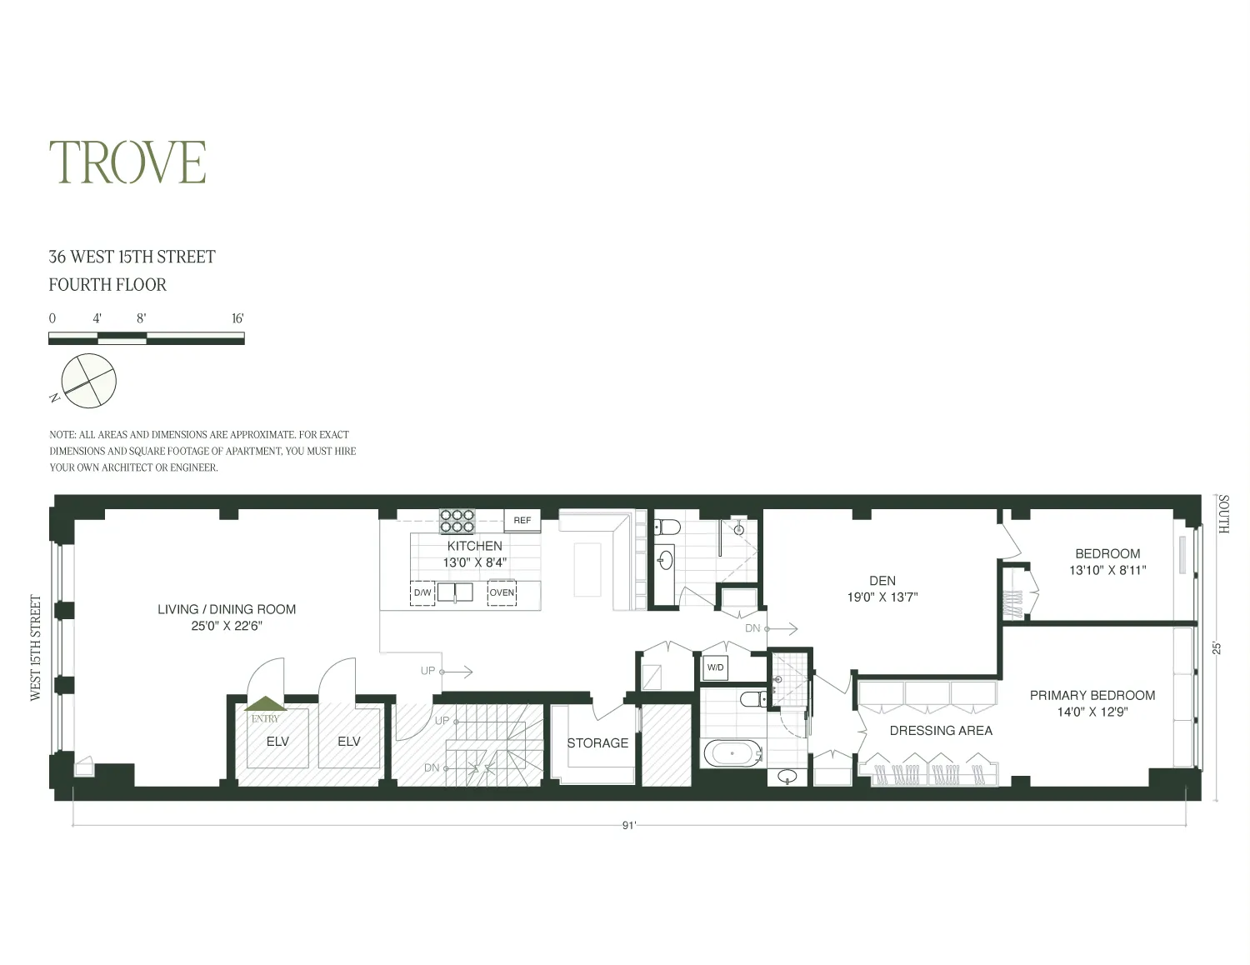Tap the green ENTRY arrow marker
(265, 705)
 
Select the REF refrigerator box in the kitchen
(522, 520)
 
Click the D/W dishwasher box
(422, 592)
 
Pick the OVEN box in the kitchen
(502, 592)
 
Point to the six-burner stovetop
(457, 521)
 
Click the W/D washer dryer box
(715, 667)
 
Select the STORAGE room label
(597, 742)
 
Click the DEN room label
(882, 581)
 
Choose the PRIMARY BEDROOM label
(1092, 695)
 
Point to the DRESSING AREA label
(941, 731)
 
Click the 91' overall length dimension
(629, 826)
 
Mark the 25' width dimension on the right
(1217, 647)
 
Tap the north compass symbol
(88, 382)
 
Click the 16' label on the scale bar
(237, 318)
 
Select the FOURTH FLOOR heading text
(107, 285)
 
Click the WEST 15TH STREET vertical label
(36, 647)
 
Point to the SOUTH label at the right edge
(1223, 514)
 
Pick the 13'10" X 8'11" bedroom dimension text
(1107, 571)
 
